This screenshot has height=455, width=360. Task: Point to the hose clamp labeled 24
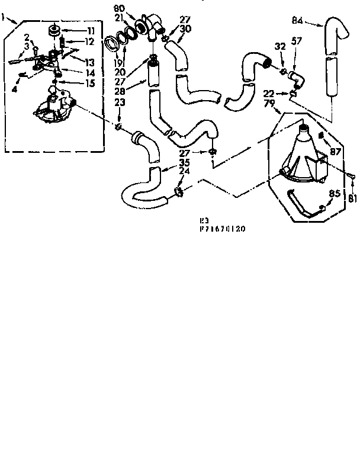(x=177, y=191)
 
